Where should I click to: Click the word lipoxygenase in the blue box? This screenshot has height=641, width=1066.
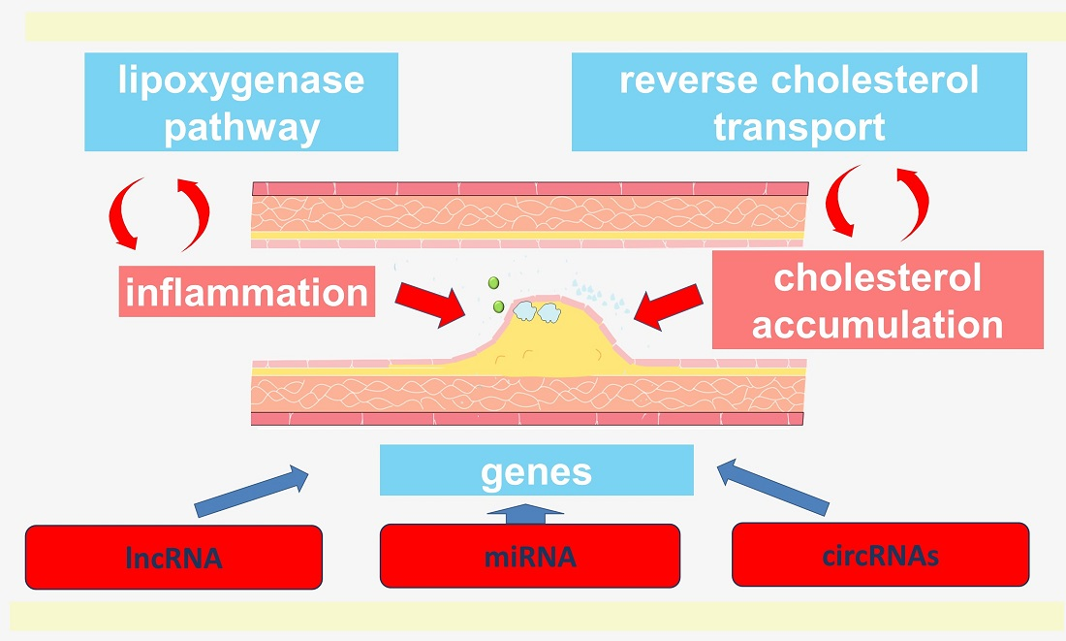coord(241,80)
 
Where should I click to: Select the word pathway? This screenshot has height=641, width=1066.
coord(241,126)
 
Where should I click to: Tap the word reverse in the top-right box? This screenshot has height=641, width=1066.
coord(689,80)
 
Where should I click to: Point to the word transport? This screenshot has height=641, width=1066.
coord(799,126)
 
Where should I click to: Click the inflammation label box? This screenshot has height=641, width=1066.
coord(247,291)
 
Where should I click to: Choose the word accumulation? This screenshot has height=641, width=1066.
coord(877,324)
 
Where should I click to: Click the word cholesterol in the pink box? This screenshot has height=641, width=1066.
coord(877,278)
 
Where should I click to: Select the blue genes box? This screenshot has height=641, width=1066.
coord(537,470)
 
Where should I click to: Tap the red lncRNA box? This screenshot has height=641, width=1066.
coord(173,557)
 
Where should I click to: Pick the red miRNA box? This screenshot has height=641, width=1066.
coord(530,556)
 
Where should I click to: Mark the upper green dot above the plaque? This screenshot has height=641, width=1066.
coord(493,282)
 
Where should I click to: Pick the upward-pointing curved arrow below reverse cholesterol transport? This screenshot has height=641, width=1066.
coord(913,200)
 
